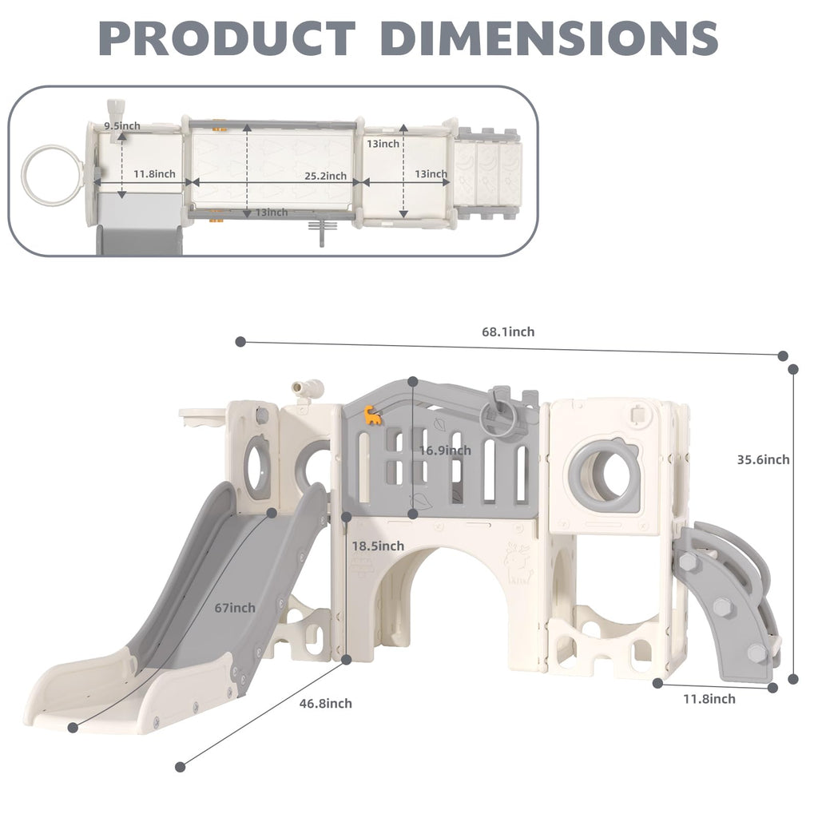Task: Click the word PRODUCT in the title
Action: click(227, 38)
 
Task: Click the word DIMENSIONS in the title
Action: click(550, 38)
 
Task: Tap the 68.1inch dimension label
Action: click(508, 332)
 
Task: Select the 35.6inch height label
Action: click(763, 459)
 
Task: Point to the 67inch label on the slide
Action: click(235, 608)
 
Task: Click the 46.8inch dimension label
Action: click(326, 703)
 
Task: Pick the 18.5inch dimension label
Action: click(378, 546)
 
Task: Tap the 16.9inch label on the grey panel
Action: click(445, 451)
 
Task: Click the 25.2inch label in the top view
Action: click(326, 177)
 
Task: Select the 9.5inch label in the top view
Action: click(122, 125)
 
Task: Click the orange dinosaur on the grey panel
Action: click(372, 415)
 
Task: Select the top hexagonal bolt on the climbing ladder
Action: click(686, 562)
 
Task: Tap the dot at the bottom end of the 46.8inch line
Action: click(180, 767)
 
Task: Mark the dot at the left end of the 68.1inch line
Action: click(240, 342)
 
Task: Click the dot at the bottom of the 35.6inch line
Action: click(793, 679)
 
